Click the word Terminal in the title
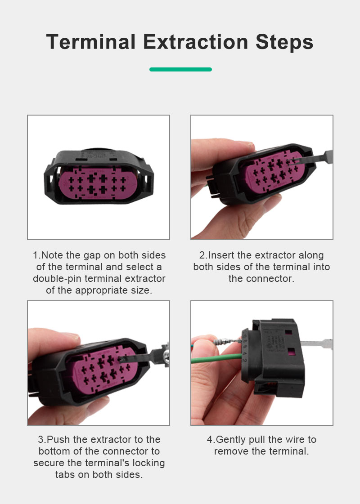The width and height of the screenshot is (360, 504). tap(91, 42)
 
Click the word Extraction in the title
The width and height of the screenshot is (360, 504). tap(196, 42)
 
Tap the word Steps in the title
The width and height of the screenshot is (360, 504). tap(284, 42)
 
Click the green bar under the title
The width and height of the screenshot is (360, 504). tap(180, 69)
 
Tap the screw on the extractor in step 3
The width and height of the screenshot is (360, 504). tap(167, 354)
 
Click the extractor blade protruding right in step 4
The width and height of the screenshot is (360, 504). tap(317, 343)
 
